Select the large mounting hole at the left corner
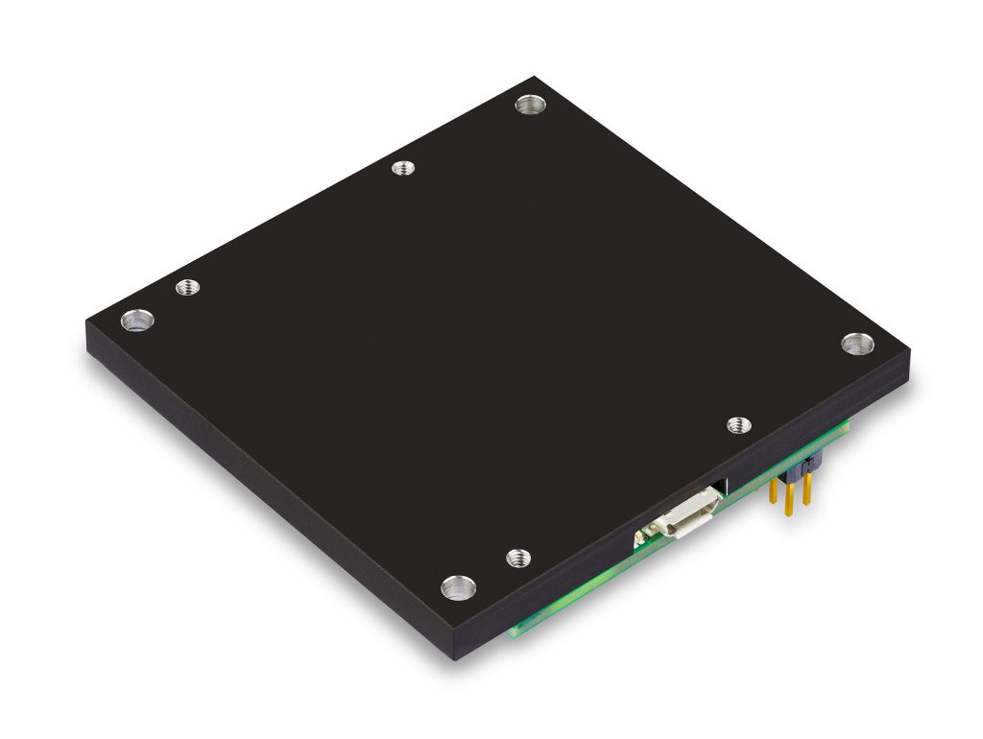tap(137, 320)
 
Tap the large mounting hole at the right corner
tap(857, 343)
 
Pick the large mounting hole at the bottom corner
tap(457, 586)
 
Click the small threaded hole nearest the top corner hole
tap(404, 169)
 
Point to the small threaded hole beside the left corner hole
tap(187, 287)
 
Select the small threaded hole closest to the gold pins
tap(737, 424)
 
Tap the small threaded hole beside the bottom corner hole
tap(518, 556)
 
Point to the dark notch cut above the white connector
tap(718, 485)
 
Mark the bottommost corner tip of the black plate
tap(457, 659)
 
